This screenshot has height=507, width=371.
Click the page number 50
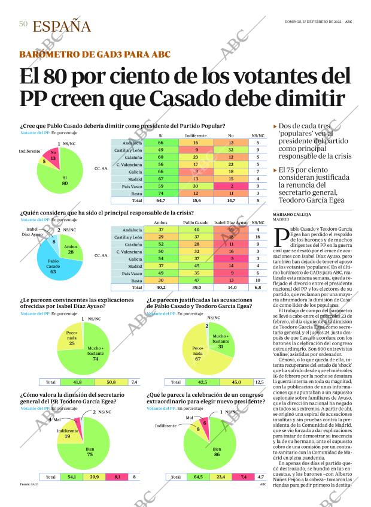click(23, 24)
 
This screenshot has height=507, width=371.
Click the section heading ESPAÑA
click(62, 26)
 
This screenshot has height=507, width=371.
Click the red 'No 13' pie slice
click(53, 157)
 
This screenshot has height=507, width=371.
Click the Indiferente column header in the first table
click(196, 136)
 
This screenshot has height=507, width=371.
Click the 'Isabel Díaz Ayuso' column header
click(231, 222)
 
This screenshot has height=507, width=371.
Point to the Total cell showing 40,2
click(160, 288)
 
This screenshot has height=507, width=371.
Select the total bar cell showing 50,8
click(111, 382)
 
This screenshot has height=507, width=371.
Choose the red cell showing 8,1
click(118, 477)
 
